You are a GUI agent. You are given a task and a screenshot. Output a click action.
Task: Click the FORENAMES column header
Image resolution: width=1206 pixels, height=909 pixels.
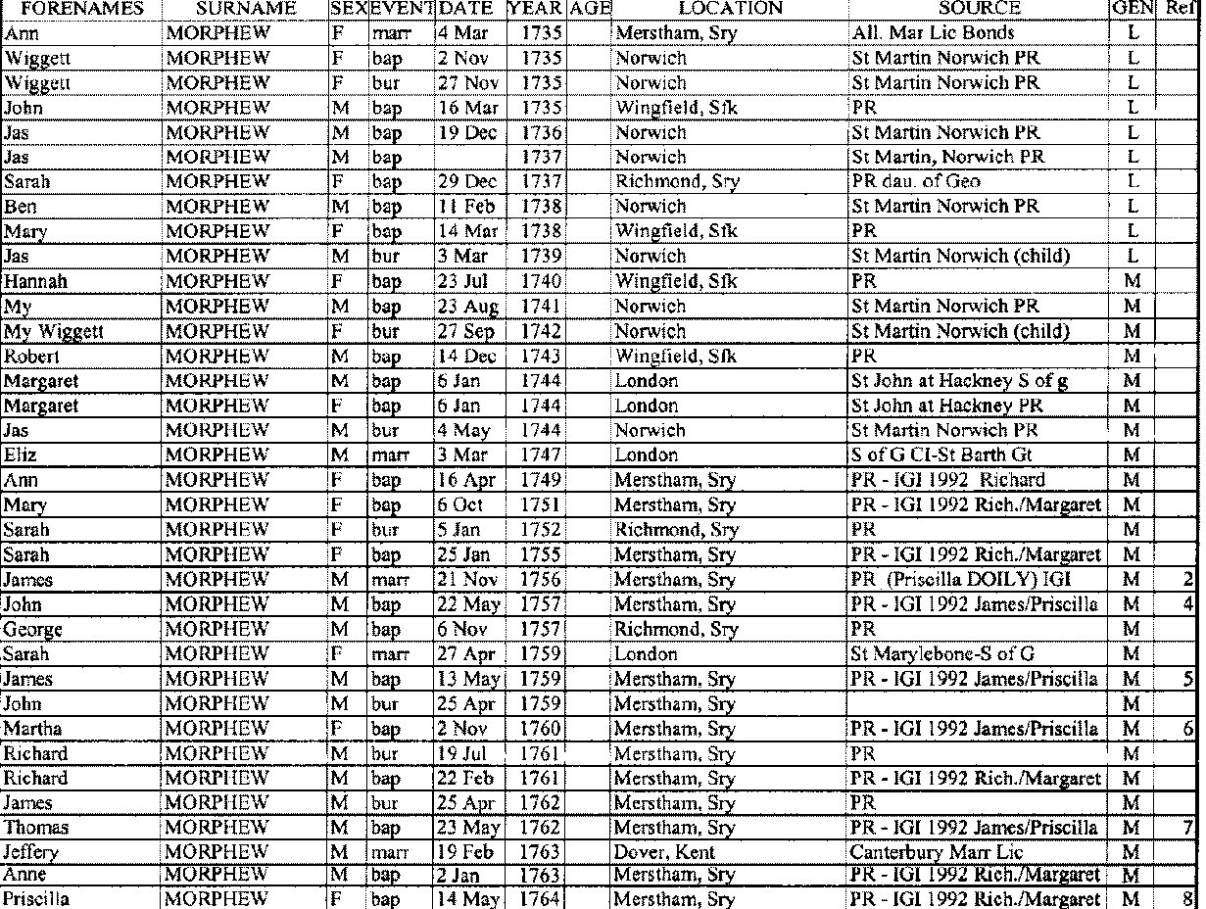[x=74, y=8]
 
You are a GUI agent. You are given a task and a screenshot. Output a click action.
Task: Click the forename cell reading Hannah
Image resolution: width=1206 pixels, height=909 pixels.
[x=29, y=280]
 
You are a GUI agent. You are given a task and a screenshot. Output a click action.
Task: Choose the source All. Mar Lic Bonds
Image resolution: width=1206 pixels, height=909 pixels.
[x=933, y=33]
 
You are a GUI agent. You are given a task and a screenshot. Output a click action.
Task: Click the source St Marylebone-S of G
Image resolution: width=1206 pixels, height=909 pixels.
[x=942, y=652]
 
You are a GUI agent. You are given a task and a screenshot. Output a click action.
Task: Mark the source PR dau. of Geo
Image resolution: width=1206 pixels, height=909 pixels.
[x=915, y=181]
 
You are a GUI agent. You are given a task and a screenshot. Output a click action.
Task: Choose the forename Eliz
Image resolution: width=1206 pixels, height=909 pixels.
[x=21, y=454]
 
